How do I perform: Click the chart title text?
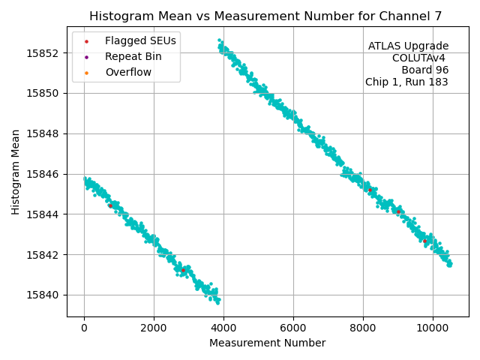[x=265, y=16]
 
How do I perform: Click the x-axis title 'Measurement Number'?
[x=267, y=343]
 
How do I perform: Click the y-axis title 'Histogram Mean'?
[x=16, y=172]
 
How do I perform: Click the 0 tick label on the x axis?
[x=84, y=327]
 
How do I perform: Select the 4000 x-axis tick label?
[x=223, y=327]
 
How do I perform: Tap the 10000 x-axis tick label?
[x=433, y=327]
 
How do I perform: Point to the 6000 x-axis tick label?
[x=293, y=327]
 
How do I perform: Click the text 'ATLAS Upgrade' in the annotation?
[x=408, y=46]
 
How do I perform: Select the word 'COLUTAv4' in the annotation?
[x=420, y=58]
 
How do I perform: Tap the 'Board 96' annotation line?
[x=424, y=70]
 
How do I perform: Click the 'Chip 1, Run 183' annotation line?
[x=406, y=82]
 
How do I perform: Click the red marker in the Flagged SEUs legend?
[x=86, y=40]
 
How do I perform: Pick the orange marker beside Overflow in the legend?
[x=86, y=72]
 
